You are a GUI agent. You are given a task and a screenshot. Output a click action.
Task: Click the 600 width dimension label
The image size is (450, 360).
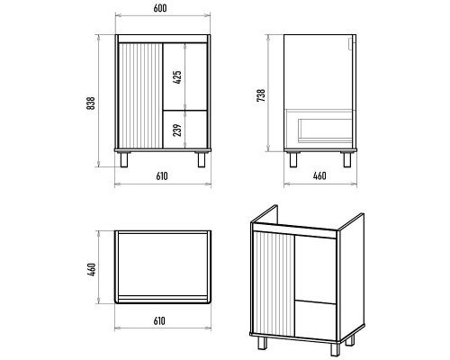pos(160,8)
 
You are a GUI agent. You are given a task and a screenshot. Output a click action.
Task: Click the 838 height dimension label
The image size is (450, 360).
pos(91,103)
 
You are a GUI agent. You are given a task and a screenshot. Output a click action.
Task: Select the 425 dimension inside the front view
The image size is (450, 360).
pos(177,77)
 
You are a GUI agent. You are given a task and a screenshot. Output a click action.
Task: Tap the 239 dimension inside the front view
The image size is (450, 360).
pos(177,130)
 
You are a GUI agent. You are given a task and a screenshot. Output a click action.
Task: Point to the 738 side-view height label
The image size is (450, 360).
pos(261,95)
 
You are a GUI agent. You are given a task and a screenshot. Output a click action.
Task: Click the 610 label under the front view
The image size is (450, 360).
pos(162,176)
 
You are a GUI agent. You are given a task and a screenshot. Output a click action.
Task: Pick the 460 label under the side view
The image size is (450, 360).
pos(319,175)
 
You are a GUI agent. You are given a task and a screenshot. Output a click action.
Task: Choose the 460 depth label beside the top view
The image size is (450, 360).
pos(92,269)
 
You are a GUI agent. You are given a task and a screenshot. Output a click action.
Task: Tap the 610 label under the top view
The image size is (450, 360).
pos(159,321)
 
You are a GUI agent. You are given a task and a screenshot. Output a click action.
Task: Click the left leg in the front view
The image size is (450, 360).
pos(123,159)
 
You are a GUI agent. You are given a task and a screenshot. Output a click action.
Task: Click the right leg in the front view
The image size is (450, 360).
pos(202,159)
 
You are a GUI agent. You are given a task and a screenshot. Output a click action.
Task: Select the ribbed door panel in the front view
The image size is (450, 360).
pos(140,95)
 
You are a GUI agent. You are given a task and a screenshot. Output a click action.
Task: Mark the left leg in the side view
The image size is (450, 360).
pos(293,159)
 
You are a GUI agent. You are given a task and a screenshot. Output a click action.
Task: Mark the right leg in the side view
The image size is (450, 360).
pos(347,159)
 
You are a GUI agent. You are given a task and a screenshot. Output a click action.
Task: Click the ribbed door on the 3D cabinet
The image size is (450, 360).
pos(273,283)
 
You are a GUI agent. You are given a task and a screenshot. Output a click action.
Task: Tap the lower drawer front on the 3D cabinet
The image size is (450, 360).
pos(315,319)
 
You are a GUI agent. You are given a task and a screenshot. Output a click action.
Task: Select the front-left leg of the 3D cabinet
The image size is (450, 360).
pos(262,343)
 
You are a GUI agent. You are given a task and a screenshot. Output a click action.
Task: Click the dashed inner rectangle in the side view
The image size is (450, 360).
pos(325,130)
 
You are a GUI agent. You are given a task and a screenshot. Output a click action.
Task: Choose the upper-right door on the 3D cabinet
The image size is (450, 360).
pos(315,269)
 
